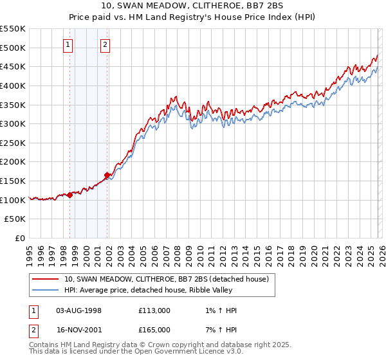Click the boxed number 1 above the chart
[68, 45]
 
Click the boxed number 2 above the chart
[105, 45]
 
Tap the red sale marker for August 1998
[69, 195]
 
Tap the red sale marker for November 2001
[107, 175]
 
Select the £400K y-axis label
[13, 85]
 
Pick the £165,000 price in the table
[154, 329]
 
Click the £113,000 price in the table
[154, 310]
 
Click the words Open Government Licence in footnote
[177, 352]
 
